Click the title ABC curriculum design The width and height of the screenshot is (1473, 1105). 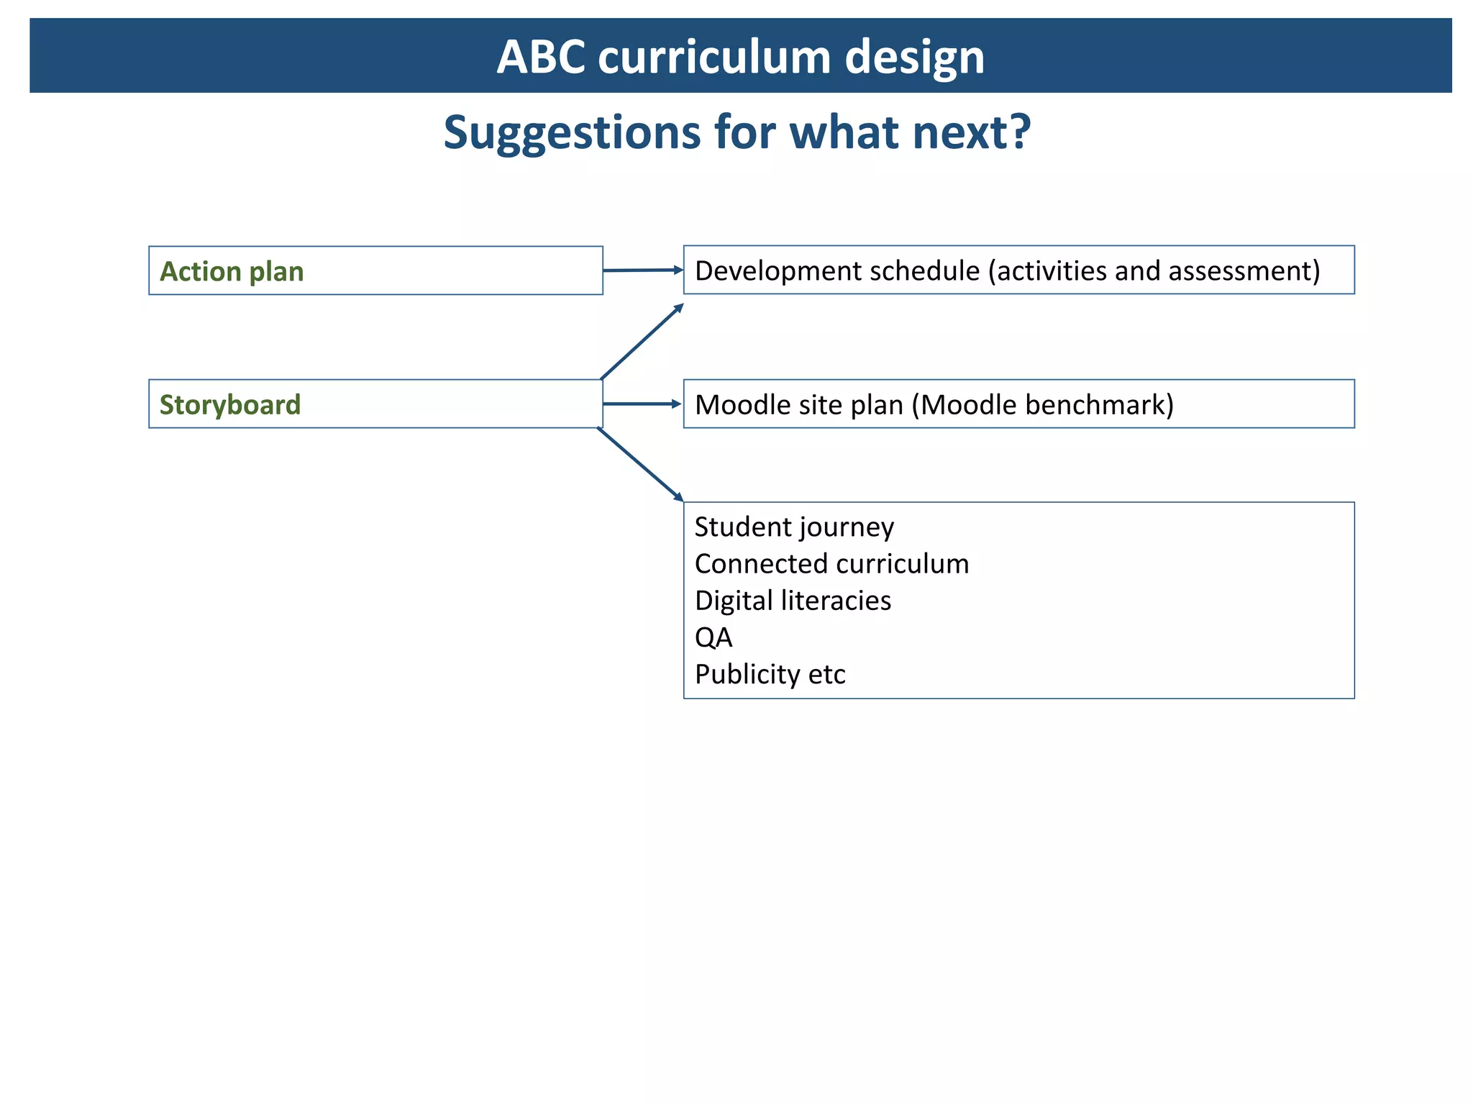(740, 57)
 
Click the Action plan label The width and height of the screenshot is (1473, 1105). (232, 272)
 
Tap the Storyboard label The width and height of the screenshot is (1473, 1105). (230, 405)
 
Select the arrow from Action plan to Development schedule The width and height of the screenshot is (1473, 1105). (642, 270)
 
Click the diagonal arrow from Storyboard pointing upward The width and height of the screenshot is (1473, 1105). (642, 342)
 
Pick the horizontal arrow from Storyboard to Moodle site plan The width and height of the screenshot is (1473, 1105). (642, 404)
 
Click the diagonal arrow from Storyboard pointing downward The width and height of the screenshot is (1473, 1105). (640, 465)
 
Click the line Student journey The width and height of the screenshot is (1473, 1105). (794, 527)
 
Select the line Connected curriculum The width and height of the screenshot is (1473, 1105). (831, 564)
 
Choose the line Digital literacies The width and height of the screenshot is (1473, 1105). (793, 601)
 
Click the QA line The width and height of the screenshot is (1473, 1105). (713, 637)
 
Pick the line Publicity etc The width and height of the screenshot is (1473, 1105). (770, 675)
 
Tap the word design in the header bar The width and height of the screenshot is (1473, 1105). (914, 57)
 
